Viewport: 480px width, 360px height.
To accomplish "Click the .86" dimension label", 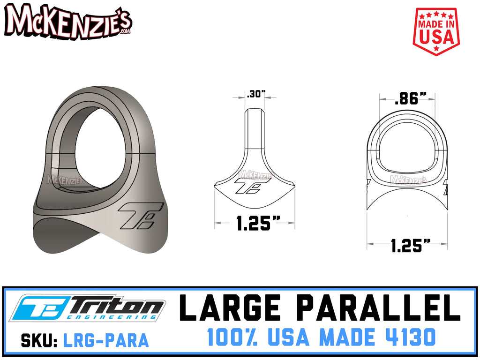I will point(407,99).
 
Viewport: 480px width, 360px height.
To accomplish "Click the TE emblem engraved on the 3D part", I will point(140,216).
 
